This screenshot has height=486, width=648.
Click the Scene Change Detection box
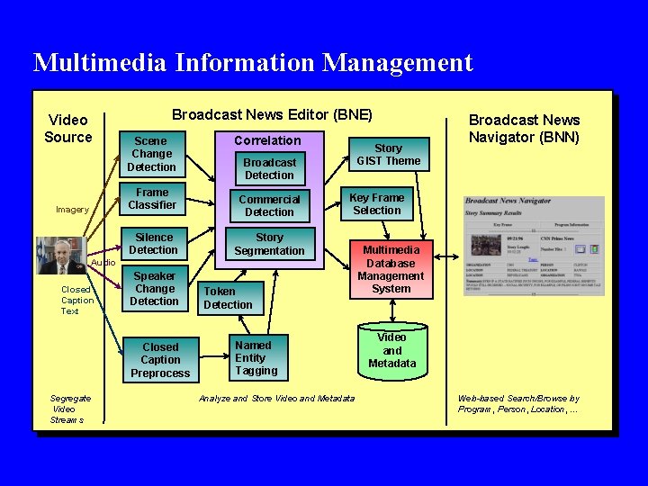(151, 154)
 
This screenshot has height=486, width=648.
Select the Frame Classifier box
(151, 199)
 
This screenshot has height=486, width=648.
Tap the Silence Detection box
(153, 244)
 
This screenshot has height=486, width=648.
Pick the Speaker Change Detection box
(154, 289)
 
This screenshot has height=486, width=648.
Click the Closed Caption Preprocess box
(160, 360)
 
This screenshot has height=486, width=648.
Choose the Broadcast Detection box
(269, 168)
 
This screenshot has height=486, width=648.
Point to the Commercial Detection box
(269, 205)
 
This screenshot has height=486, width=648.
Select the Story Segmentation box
(269, 245)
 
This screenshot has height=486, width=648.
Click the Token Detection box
(228, 298)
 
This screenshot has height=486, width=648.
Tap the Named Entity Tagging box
(256, 358)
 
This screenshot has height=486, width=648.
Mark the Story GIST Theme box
(388, 154)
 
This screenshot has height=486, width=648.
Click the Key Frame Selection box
(376, 203)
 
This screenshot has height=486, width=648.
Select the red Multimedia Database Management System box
(391, 269)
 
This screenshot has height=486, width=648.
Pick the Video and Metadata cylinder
(391, 350)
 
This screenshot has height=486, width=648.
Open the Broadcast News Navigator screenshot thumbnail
(534, 246)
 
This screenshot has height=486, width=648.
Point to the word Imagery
(72, 210)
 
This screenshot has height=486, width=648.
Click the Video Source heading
(68, 129)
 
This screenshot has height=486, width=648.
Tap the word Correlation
(267, 140)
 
